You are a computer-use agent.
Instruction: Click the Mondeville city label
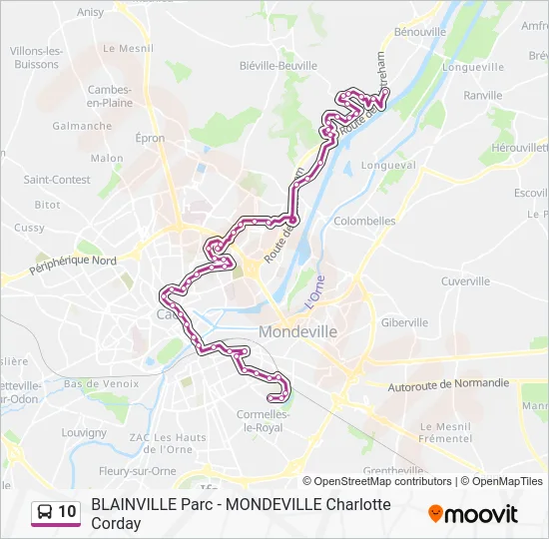[x=297, y=330]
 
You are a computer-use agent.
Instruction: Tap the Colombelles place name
[x=364, y=221]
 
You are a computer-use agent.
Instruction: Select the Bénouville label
[x=419, y=32]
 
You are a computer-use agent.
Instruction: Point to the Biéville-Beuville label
[x=278, y=66]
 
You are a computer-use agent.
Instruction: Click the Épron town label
[x=150, y=139]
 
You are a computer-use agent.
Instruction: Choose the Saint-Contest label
[x=57, y=180]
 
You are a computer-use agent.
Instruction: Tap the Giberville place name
[x=404, y=322]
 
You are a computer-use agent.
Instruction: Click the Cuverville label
[x=465, y=281]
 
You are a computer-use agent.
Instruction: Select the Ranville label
[x=483, y=96]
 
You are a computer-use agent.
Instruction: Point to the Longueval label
[x=388, y=165]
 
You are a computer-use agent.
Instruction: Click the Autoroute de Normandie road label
[x=448, y=383]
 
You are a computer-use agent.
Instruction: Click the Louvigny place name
[x=84, y=433]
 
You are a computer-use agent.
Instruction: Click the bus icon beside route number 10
[x=45, y=512]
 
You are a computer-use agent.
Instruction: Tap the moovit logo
[x=473, y=514]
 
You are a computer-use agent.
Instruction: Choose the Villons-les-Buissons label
[x=38, y=57]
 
